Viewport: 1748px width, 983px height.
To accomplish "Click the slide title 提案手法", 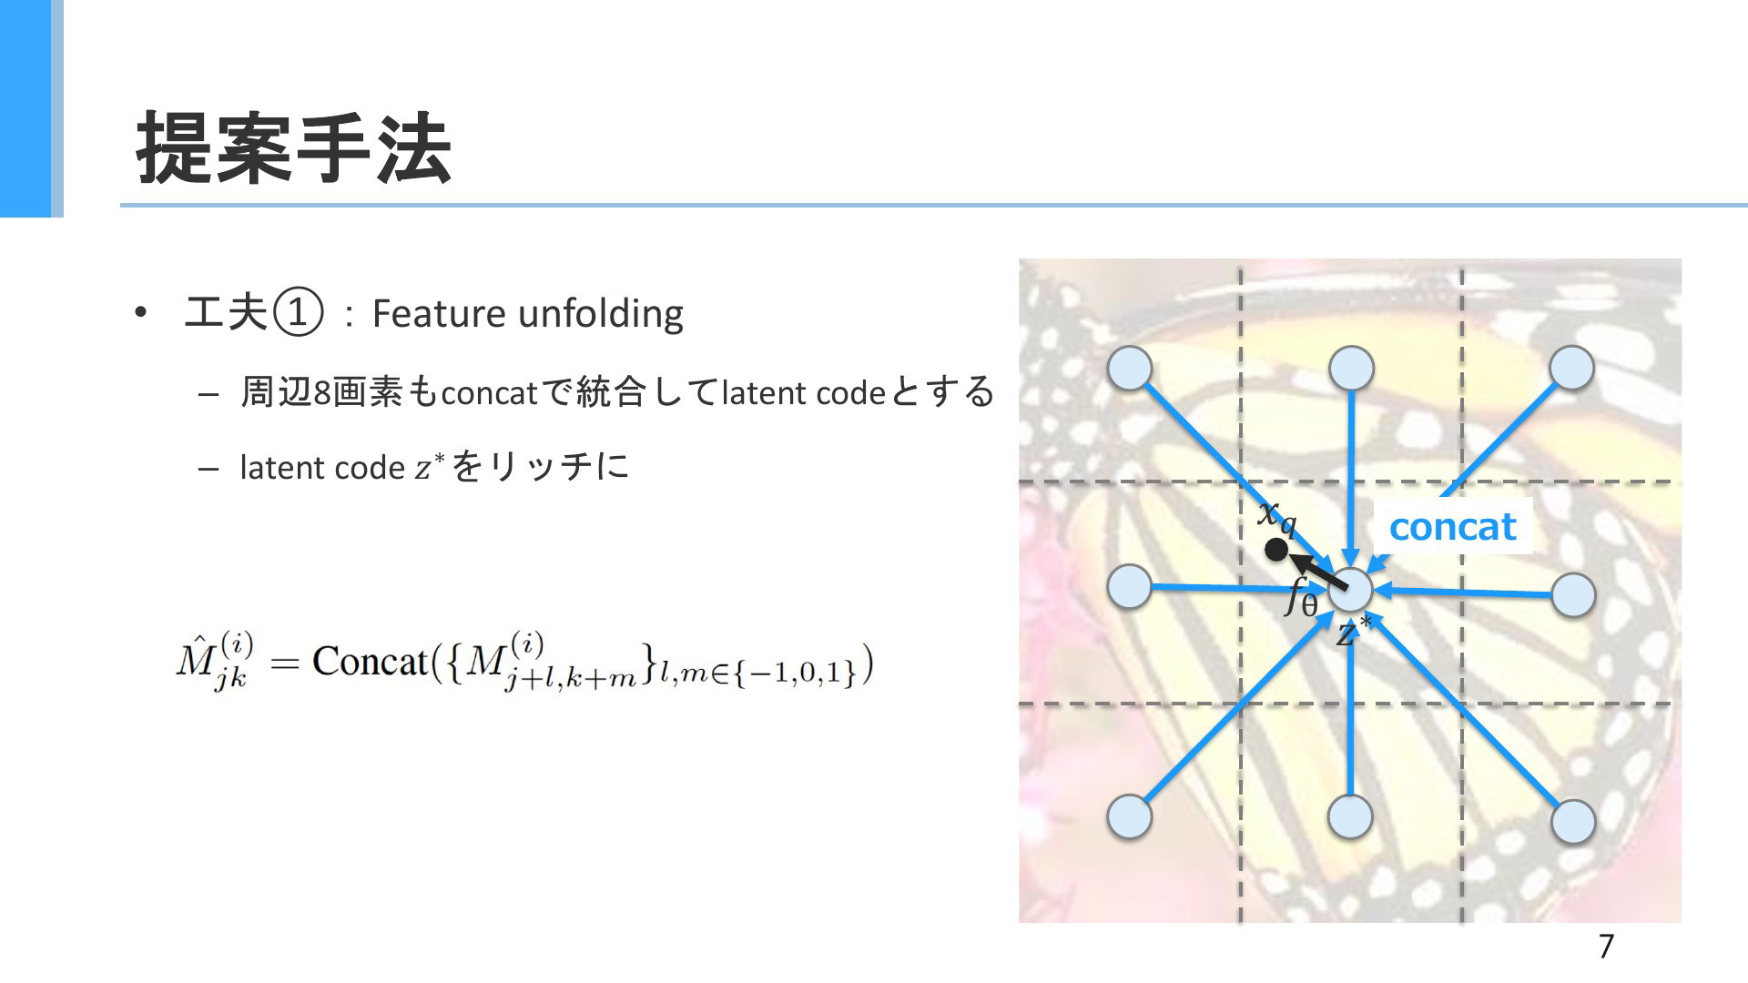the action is point(293,147).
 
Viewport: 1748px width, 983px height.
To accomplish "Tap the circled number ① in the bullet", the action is point(299,313).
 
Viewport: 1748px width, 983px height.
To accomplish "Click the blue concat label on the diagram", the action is point(1453,526).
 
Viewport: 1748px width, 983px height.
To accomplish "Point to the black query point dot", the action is point(1276,550).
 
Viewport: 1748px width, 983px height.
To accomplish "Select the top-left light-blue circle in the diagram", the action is point(1130,369).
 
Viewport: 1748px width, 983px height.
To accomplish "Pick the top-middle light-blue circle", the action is point(1351,369).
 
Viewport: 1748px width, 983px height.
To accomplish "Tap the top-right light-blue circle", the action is point(1571,368).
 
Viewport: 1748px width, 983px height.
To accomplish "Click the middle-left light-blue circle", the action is point(1130,586).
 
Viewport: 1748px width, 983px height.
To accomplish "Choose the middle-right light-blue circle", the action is point(1573,595).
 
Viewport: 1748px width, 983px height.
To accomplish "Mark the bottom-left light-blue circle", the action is point(1130,816).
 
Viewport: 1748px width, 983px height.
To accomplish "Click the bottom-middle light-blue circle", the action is point(1350,816).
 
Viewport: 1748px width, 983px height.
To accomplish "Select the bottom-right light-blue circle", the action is point(1572,821).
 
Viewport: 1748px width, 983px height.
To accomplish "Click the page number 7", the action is point(1606,947).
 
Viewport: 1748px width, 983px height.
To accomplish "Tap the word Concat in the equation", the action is point(370,661).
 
